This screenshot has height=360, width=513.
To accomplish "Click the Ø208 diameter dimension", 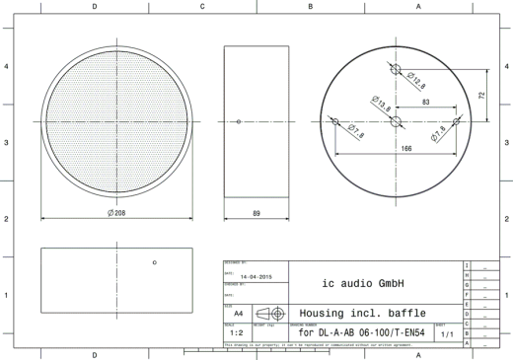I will [x=116, y=211].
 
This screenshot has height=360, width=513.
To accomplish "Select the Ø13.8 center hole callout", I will [x=380, y=101].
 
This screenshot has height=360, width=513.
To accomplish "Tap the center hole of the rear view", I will [x=397, y=121].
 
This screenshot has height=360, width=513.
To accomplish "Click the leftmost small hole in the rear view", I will [x=335, y=121].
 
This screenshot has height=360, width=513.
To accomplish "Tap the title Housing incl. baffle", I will [x=362, y=309].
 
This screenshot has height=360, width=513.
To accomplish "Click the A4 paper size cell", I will [x=238, y=309].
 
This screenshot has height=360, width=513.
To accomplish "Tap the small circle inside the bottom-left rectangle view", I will [x=154, y=261].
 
